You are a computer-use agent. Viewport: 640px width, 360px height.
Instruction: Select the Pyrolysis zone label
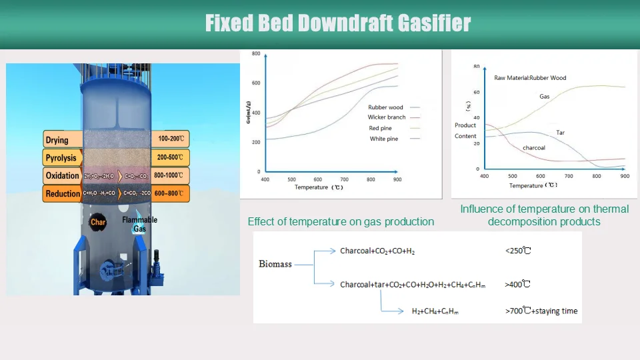point(62,158)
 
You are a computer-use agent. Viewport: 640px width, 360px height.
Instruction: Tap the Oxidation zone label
point(63,176)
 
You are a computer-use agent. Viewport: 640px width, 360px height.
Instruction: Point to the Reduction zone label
point(63,194)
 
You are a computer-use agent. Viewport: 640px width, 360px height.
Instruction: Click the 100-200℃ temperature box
point(171,139)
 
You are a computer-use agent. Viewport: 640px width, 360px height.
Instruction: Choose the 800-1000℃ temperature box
point(171,176)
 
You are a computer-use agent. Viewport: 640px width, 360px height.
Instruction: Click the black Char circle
point(98,222)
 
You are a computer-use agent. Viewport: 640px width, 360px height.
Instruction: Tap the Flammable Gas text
point(139,224)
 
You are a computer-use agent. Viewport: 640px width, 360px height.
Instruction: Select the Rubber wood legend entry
point(386,107)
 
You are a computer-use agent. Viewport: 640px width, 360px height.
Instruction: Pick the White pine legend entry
point(384,139)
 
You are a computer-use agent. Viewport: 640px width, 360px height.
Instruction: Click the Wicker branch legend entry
point(387,117)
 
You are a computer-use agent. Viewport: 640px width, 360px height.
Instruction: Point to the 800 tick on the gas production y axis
point(256,53)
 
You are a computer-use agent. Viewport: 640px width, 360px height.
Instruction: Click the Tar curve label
point(560,133)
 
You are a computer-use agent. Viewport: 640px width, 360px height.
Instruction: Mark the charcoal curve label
point(534,147)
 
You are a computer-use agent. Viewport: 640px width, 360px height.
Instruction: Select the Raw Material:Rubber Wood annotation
point(530,78)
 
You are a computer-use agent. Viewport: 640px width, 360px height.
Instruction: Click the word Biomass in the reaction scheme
point(275,265)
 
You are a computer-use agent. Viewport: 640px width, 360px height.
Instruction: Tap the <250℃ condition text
point(517,251)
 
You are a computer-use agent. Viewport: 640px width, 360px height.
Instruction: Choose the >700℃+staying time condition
point(541,311)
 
